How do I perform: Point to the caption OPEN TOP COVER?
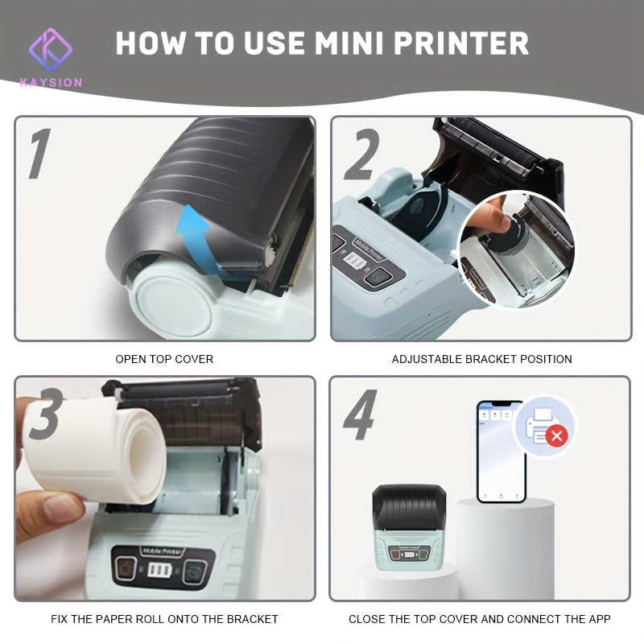(164, 359)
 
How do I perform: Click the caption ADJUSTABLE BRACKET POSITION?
(481, 359)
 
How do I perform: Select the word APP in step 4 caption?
(597, 619)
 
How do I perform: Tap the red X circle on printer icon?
(555, 437)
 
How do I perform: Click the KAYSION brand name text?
(52, 82)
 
